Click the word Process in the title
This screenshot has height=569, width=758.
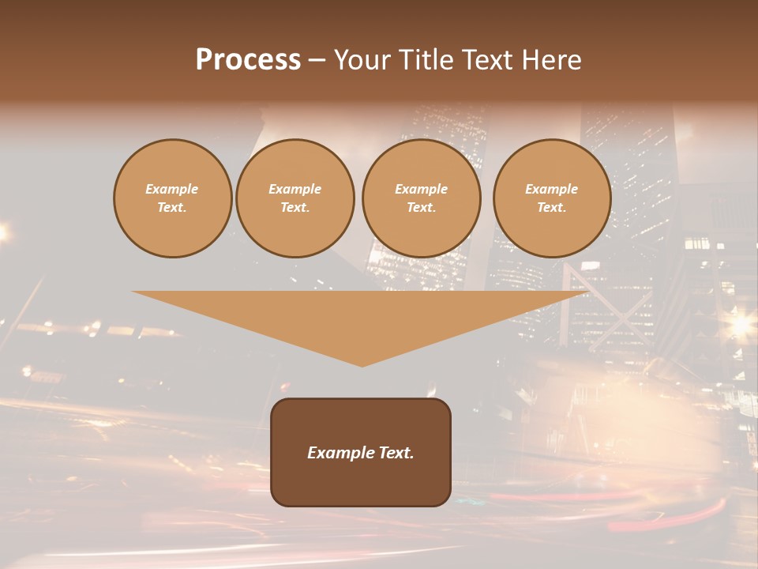pos(248,60)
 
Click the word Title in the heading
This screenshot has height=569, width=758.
pos(426,60)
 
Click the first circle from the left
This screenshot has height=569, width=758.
pos(172,198)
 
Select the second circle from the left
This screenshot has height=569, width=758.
pos(295,198)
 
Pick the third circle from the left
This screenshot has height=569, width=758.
pos(421,198)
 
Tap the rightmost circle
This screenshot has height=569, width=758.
pos(552,198)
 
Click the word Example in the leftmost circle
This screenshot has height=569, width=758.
pos(172,189)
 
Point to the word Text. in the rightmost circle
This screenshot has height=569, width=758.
pos(552,208)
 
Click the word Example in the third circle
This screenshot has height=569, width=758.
pos(421,189)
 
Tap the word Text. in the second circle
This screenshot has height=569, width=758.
pos(295,208)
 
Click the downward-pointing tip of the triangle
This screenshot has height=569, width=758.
pos(362,365)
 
